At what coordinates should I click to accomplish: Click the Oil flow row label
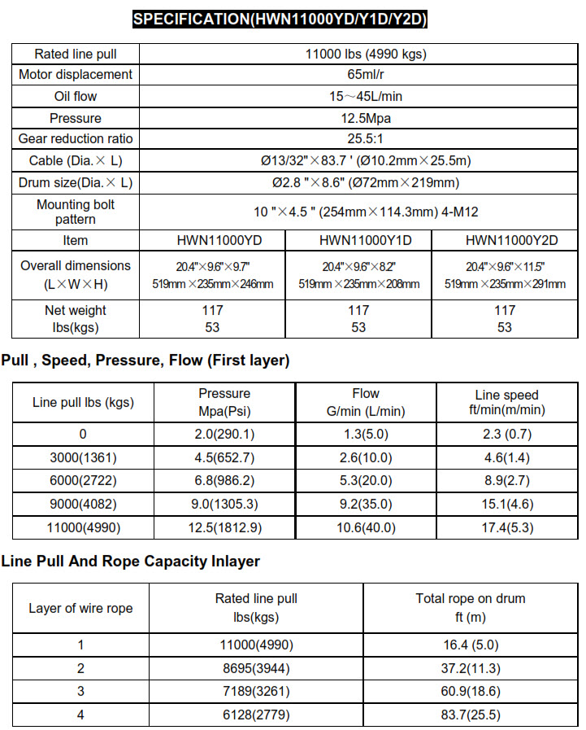75,97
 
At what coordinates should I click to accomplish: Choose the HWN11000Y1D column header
358,241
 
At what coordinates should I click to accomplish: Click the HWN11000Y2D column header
504,241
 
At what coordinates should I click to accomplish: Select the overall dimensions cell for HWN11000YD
213,275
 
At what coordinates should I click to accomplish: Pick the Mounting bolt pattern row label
75,212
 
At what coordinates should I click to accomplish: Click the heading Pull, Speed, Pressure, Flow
145,360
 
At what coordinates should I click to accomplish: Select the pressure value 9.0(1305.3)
224,505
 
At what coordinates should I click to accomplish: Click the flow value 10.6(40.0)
366,528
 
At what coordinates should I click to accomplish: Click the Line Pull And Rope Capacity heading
131,562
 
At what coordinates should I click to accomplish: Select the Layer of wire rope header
80,608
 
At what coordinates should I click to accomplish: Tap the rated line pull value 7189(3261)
256,692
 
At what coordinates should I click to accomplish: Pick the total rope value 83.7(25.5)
471,715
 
